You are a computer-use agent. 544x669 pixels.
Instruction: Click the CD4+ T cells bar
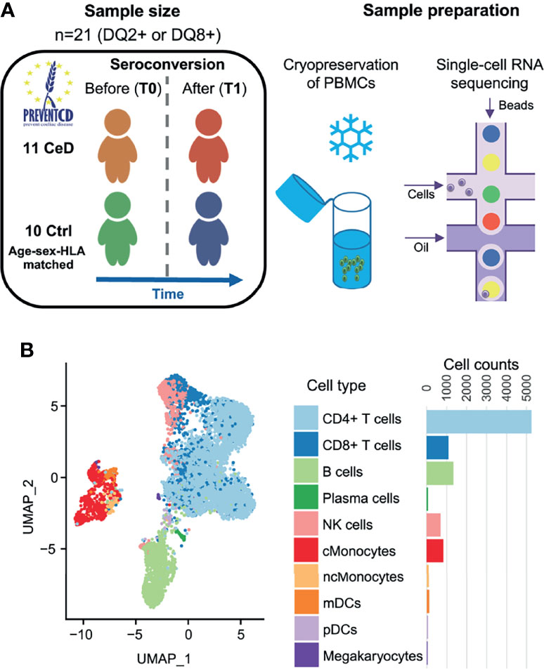tap(478, 419)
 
